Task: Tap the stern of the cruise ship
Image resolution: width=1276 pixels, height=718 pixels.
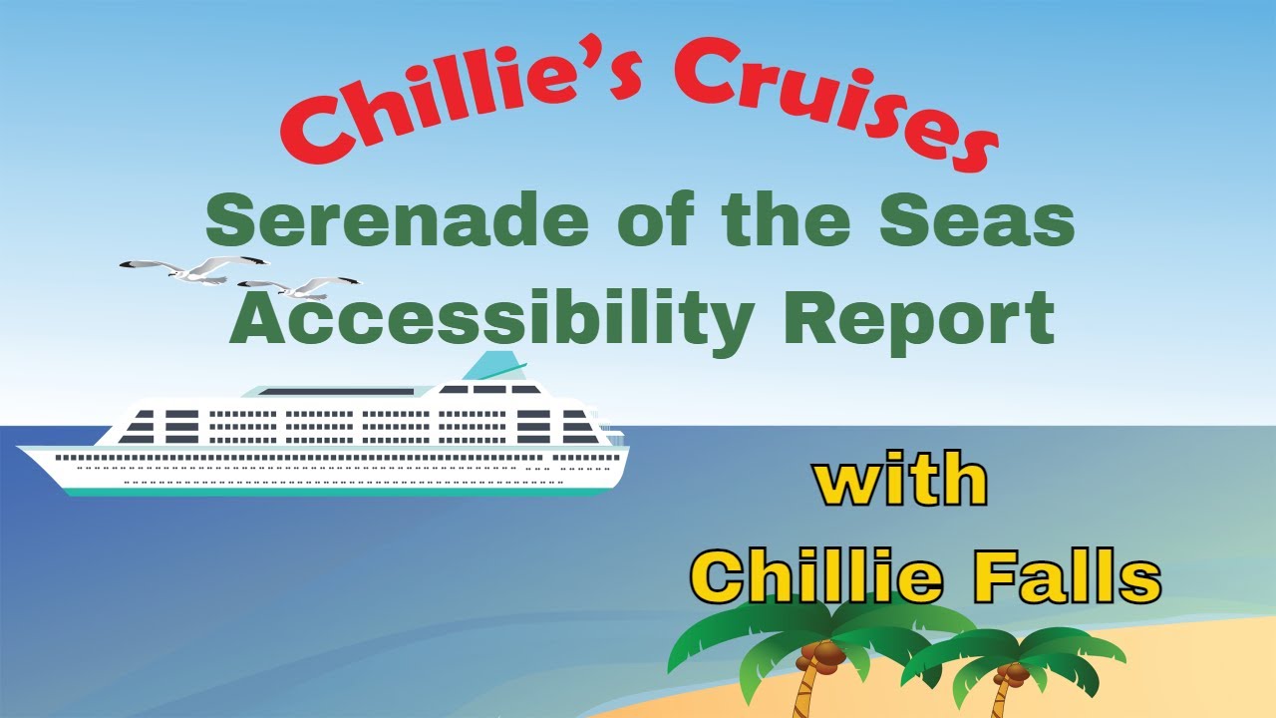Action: pos(618,454)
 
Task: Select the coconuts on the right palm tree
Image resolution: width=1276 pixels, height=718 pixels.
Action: pos(1013,674)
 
